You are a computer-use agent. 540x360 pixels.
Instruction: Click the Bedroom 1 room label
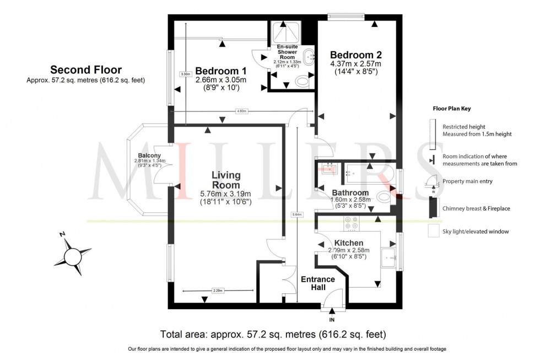click(220, 71)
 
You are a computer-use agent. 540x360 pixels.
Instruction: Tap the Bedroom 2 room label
click(355, 55)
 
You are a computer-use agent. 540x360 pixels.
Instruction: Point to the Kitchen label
click(348, 243)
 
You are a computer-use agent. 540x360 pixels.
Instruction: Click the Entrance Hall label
click(317, 283)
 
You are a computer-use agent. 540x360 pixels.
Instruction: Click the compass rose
click(73, 255)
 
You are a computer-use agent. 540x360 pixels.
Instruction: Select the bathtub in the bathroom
click(368, 175)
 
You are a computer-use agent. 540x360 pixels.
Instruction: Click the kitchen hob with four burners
click(350, 223)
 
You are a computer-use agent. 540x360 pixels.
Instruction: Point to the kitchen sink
click(390, 256)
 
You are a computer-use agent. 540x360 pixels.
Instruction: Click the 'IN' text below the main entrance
click(332, 320)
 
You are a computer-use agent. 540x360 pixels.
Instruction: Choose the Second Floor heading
click(86, 70)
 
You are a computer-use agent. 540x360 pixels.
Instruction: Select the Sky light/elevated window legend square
click(433, 232)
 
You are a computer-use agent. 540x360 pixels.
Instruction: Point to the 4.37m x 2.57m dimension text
click(355, 64)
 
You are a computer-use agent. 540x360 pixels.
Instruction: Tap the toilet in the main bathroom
click(384, 197)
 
